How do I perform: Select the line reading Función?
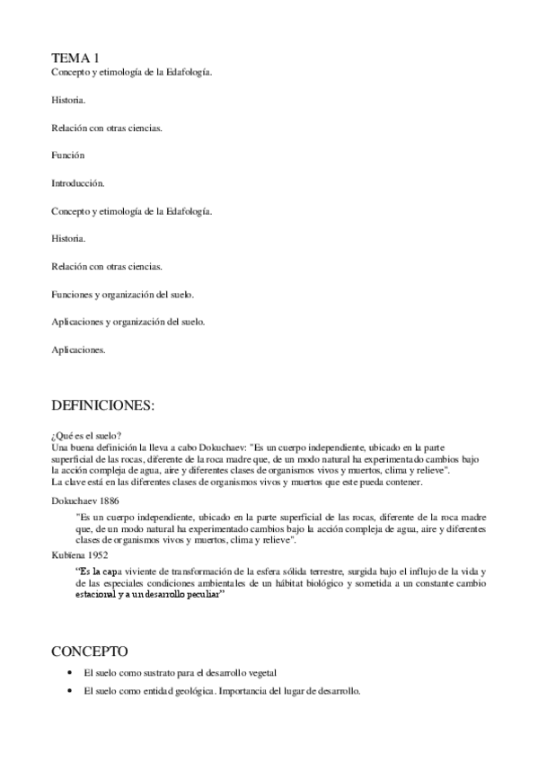(68, 155)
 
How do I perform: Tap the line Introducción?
(78, 183)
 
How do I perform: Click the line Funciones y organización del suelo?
(123, 294)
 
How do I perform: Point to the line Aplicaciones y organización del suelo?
(128, 322)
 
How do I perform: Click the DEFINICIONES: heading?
(103, 406)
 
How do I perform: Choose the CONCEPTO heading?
(90, 650)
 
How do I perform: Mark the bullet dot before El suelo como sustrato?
(71, 672)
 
